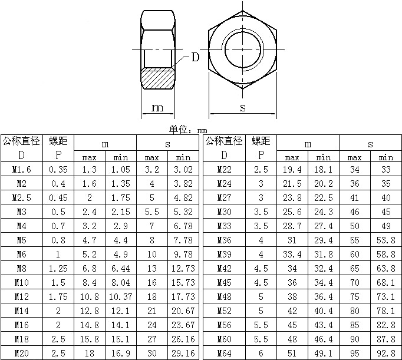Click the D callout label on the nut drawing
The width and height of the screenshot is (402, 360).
coord(196,57)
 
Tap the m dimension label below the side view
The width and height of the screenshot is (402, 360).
coord(157,108)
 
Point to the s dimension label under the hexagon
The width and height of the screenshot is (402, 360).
coord(243,108)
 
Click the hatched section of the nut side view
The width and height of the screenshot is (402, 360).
coord(158,78)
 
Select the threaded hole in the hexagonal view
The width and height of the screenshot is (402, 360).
coord(243,49)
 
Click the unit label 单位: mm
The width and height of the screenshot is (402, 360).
coord(188,130)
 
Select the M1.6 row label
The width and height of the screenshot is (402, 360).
coord(22,169)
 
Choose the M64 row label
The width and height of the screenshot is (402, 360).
coord(224,354)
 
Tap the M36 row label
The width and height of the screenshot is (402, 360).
coord(224,240)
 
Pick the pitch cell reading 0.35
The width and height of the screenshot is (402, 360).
coord(58,169)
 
